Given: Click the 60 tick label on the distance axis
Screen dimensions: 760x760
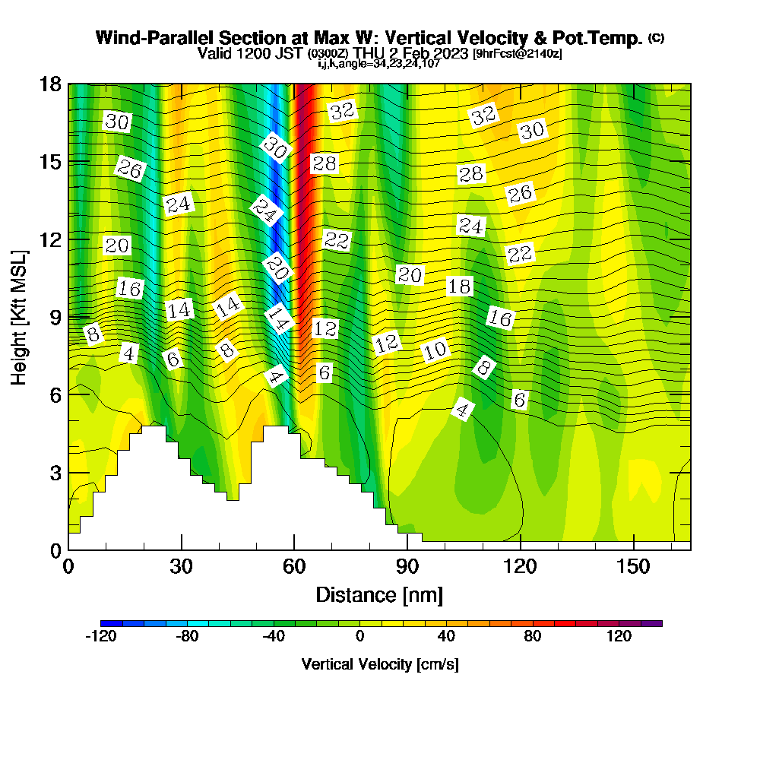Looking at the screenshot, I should click(294, 567).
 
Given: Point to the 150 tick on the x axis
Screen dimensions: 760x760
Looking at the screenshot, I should click(633, 567).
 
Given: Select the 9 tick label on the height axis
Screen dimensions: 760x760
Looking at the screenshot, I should click(55, 316).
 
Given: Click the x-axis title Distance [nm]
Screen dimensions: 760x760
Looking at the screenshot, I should click(379, 594).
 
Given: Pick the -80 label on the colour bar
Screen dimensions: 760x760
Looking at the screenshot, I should click(187, 636).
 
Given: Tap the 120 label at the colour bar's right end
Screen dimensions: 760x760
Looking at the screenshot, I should click(619, 636).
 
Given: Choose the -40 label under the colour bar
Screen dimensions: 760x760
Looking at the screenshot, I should click(274, 636).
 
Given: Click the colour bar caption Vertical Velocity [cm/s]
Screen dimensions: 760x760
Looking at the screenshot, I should click(379, 664).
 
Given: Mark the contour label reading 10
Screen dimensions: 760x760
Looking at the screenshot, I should click(435, 350).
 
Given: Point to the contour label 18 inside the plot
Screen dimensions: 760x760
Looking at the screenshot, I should click(459, 287).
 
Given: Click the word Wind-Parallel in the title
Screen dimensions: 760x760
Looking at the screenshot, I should click(155, 38).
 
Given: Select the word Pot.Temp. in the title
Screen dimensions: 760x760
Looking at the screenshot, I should click(603, 38).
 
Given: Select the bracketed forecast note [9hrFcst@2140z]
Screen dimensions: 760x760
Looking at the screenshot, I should click(517, 54).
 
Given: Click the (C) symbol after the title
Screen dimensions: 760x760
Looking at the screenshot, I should click(656, 37).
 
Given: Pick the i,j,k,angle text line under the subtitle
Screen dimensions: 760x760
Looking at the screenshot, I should click(379, 63).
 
